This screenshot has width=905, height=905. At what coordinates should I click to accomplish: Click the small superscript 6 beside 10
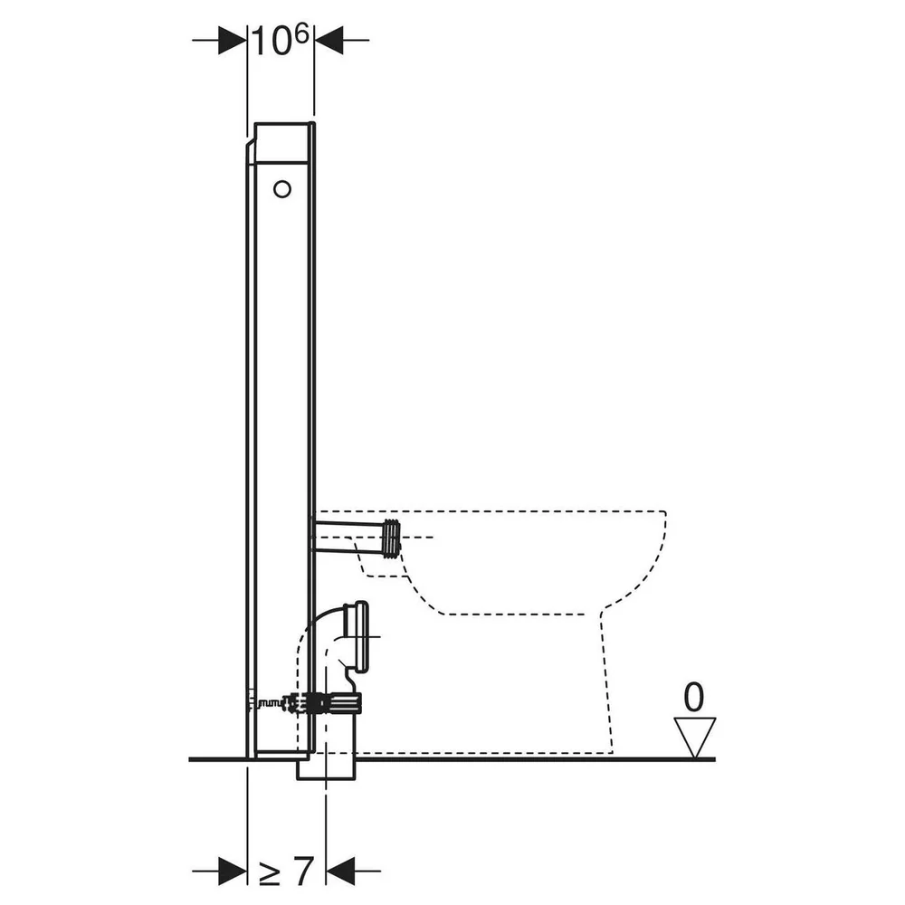302,34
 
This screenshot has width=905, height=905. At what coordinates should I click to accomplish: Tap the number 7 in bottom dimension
302,871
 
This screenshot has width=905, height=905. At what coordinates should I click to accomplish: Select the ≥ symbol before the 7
269,874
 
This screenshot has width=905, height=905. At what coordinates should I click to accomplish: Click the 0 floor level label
694,697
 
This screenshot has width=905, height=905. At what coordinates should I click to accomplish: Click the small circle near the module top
282,189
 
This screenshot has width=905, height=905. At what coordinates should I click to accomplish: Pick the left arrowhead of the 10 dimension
233,41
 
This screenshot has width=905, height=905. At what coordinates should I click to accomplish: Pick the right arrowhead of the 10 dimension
329,41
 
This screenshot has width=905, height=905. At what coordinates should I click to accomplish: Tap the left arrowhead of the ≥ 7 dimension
233,871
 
